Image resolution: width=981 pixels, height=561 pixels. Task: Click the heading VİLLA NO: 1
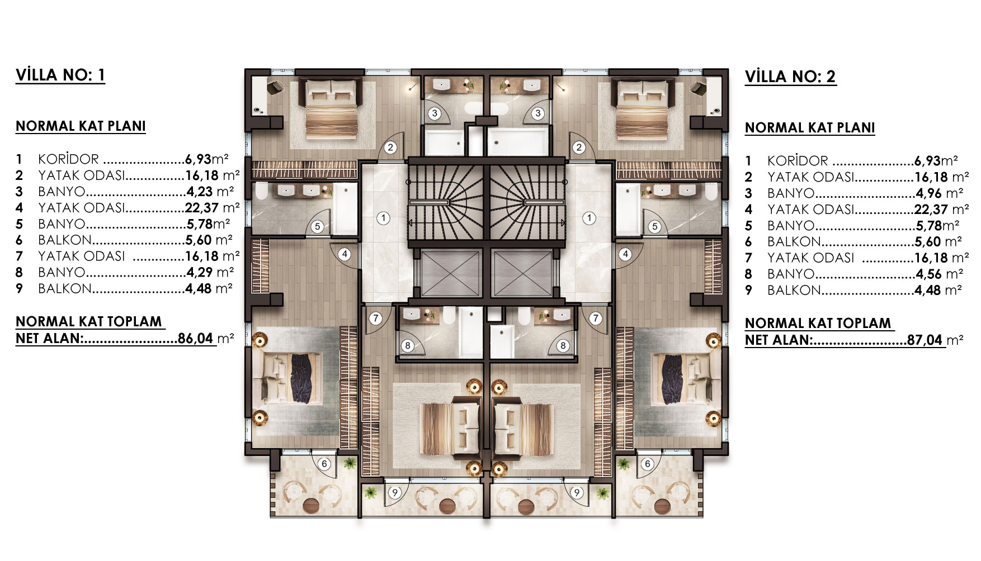click(60, 75)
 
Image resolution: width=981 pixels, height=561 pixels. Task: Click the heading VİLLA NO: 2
click(790, 77)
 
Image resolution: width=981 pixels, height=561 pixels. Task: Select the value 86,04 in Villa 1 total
click(195, 338)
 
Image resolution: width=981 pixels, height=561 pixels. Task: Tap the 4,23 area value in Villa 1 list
click(199, 192)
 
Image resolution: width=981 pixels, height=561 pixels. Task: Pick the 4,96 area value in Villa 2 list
click(929, 193)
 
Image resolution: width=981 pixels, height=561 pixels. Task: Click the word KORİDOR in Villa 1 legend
click(68, 159)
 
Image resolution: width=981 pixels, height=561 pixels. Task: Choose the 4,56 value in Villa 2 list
click(929, 274)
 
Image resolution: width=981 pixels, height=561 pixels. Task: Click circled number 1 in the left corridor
click(383, 218)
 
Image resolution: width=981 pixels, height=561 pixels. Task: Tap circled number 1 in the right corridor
click(589, 218)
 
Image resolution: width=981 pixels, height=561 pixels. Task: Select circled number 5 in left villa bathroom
click(317, 227)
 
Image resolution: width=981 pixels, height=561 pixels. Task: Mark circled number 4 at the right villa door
click(625, 254)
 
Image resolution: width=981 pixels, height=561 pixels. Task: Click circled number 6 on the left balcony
click(324, 464)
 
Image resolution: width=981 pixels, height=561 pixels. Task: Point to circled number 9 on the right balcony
click(577, 492)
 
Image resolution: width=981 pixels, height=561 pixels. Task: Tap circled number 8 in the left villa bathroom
click(407, 346)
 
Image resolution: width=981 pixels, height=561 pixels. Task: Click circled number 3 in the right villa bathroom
click(537, 113)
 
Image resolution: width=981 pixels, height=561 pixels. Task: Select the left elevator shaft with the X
click(451, 273)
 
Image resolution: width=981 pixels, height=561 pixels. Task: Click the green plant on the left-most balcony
click(350, 463)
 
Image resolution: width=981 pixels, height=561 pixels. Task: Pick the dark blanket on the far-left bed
click(301, 378)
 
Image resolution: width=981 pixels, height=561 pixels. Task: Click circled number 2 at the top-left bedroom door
click(390, 148)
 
